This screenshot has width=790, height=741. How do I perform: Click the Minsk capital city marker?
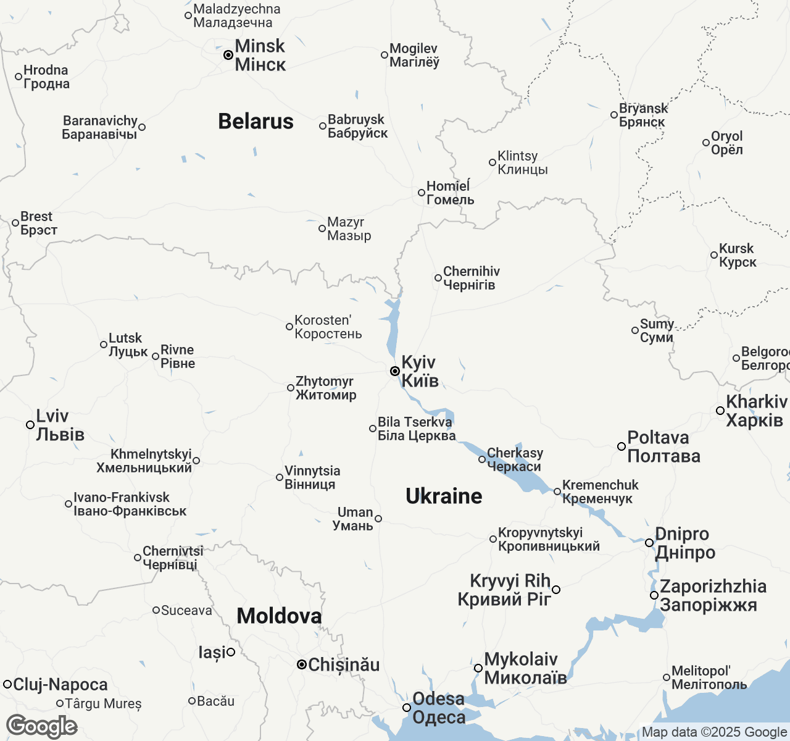(228, 55)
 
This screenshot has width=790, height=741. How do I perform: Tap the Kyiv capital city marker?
(395, 371)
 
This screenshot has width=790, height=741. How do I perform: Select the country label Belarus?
(256, 121)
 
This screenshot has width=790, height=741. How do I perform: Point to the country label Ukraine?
(444, 496)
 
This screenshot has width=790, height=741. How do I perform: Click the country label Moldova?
(279, 616)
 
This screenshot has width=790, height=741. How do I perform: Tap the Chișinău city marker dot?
(302, 665)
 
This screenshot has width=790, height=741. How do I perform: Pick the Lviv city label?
(60, 425)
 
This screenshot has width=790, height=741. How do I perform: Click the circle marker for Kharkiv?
(720, 411)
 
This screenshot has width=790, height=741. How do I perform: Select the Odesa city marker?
(407, 708)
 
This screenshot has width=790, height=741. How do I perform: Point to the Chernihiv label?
(471, 278)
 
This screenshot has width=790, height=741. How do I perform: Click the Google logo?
(41, 726)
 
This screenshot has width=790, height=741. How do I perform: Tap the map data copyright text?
(714, 732)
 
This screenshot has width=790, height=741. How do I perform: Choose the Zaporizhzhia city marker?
(654, 595)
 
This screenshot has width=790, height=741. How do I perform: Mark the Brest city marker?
(15, 223)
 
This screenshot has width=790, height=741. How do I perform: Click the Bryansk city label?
(643, 115)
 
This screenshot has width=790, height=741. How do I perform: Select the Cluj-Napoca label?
(60, 684)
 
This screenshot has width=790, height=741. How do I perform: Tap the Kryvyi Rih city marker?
(556, 590)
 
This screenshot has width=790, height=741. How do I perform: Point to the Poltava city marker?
(622, 446)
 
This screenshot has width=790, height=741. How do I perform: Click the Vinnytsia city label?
(312, 477)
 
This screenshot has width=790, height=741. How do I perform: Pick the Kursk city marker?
(714, 255)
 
